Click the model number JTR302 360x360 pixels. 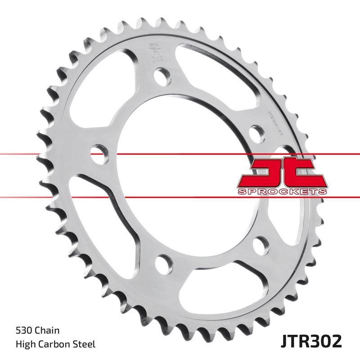[x=309, y=340]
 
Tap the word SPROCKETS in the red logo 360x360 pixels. [x=281, y=192]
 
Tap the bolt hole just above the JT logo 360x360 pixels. [x=256, y=133]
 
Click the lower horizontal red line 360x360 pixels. [x=45, y=197]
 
